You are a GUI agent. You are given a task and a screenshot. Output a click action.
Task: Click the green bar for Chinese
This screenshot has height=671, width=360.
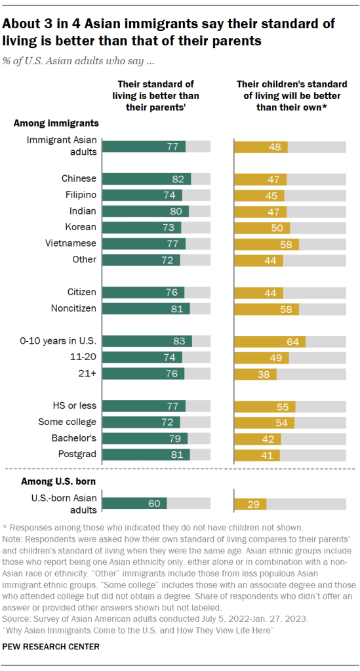pos(146,179)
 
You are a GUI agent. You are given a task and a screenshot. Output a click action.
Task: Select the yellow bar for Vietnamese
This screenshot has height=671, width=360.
pos(266,243)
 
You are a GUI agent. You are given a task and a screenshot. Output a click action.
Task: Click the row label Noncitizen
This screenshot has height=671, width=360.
pos(73,308)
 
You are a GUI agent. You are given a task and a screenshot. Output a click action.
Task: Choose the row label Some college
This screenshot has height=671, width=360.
pos(68,422)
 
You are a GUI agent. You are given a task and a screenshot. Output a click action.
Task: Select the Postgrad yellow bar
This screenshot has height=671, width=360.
pos(257,455)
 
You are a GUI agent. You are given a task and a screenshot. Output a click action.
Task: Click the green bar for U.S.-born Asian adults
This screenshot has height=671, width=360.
pos(134,503)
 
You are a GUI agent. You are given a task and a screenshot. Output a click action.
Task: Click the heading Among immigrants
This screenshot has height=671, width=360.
pos(56,123)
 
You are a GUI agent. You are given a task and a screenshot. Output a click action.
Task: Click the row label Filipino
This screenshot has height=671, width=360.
pos(79,195)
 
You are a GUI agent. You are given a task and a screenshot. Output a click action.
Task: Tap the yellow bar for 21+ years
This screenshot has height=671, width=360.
pos(255,374)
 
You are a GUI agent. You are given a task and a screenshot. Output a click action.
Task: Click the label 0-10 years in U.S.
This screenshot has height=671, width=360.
pos(58,340)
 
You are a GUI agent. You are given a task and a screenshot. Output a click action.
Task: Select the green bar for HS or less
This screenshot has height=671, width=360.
pos(144,406)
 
